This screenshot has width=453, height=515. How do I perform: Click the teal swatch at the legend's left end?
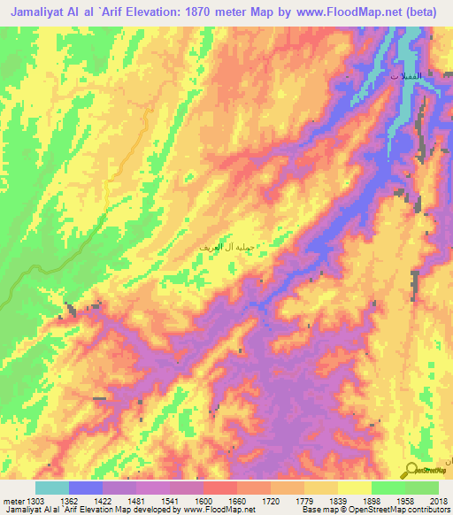[x=51, y=488]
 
